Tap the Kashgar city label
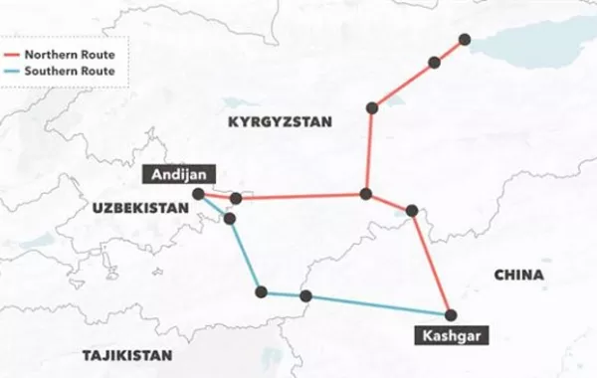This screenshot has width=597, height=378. (x=448, y=335)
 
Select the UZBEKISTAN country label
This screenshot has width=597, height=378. (x=139, y=208)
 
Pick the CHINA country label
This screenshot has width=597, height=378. (x=516, y=276)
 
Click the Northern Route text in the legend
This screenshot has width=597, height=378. (x=74, y=55)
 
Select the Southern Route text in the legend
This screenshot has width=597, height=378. (x=75, y=71)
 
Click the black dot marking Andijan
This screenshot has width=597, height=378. (x=198, y=194)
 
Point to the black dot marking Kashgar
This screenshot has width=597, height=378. (x=451, y=314)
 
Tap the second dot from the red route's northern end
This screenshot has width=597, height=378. (x=434, y=63)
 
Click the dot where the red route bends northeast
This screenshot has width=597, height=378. (x=371, y=107)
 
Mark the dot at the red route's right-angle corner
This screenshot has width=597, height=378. (x=366, y=194)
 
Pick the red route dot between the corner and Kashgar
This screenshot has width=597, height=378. (x=412, y=210)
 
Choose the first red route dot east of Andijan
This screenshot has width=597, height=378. (x=235, y=199)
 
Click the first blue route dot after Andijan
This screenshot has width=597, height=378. (x=230, y=218)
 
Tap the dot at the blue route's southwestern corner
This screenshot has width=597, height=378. (x=261, y=291)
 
